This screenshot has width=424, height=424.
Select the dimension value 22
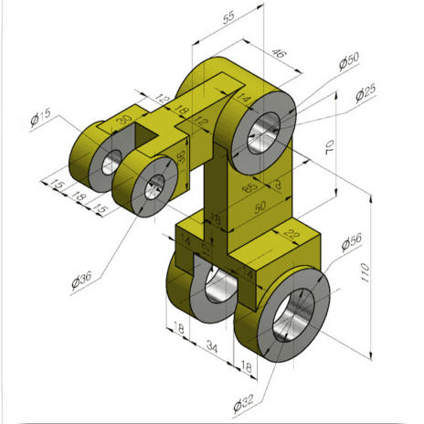click(x=292, y=236)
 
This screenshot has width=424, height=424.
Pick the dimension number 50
click(x=262, y=208)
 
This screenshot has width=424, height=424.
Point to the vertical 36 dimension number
click(x=181, y=156)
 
